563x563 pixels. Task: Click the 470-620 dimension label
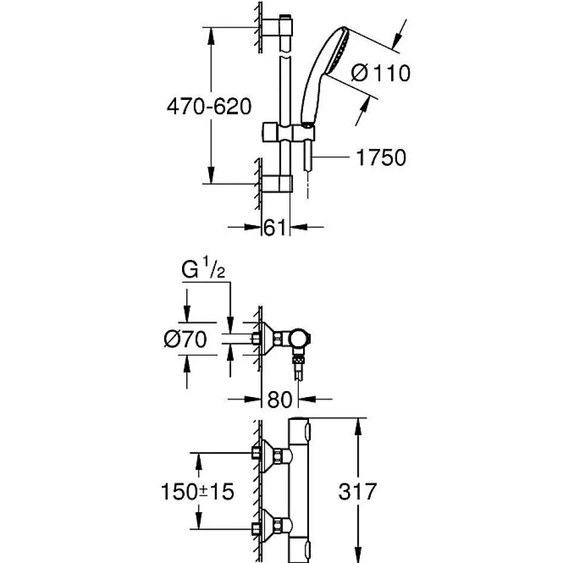(209, 106)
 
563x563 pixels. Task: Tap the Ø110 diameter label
(380, 73)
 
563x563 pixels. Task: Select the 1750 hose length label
(381, 158)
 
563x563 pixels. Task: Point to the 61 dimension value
(275, 228)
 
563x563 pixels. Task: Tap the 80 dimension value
(280, 399)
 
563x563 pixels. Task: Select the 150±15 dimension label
(198, 491)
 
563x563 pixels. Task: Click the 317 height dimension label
(358, 491)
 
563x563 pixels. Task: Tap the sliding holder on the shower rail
(288, 132)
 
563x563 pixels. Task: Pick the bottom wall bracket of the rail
(277, 183)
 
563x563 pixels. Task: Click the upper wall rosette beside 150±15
(267, 456)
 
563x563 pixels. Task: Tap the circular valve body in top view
(300, 340)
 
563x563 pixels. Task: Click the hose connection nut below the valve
(298, 361)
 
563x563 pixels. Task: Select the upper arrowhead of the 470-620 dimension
(211, 37)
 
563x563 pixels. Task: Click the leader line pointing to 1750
(331, 157)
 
